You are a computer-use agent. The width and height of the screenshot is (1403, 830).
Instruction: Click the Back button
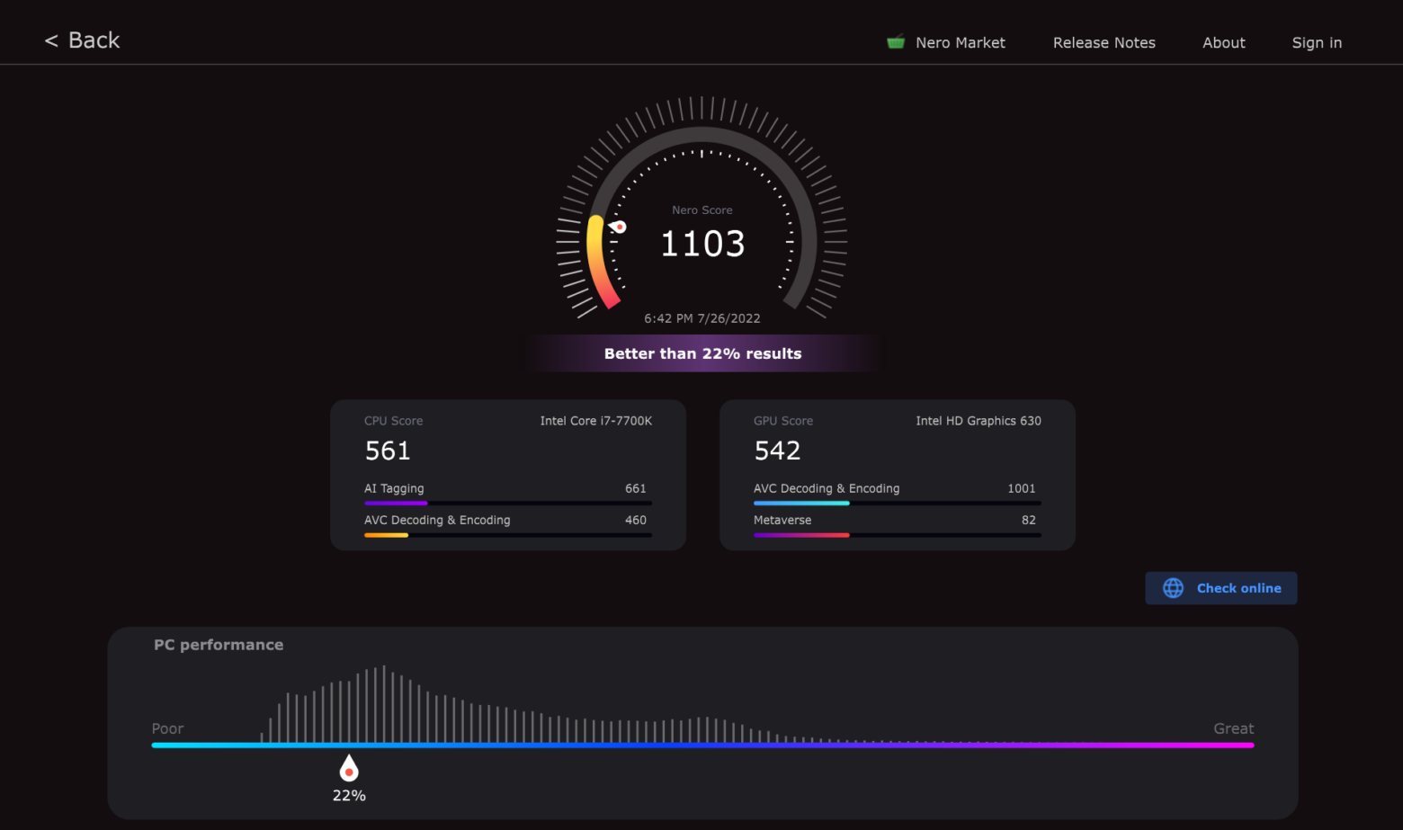coord(83,40)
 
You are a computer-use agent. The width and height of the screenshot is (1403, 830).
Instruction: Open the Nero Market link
coord(960,42)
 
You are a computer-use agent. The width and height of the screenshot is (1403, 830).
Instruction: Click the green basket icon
coord(896,41)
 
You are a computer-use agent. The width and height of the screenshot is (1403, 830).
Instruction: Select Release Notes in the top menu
coord(1104,42)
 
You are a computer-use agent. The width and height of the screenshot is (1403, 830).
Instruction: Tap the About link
coord(1223,42)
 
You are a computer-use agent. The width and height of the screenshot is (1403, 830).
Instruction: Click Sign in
coord(1316,42)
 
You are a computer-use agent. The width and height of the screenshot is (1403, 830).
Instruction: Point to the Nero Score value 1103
coord(702,244)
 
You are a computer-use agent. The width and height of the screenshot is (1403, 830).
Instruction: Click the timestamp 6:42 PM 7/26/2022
coord(701,318)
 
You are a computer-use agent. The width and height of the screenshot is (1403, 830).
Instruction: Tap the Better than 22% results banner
coord(702,353)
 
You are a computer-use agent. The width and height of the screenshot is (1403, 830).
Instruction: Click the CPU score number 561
coord(388,451)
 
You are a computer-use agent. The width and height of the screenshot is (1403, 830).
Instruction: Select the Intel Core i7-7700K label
coord(595,421)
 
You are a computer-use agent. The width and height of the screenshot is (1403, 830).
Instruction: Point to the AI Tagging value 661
coord(635,488)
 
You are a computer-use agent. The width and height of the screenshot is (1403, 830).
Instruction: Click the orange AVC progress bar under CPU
coord(386,535)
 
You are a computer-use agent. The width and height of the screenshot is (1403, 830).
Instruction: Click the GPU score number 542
coord(777,451)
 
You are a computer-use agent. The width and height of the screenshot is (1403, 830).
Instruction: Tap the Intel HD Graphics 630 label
coord(978,421)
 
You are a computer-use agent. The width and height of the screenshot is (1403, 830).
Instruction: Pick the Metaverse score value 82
coord(1028,520)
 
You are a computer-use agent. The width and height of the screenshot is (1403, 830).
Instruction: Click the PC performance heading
coord(219,645)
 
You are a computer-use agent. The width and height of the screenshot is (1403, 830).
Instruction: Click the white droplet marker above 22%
coord(349,769)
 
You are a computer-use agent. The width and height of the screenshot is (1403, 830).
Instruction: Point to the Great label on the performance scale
coord(1233,728)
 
